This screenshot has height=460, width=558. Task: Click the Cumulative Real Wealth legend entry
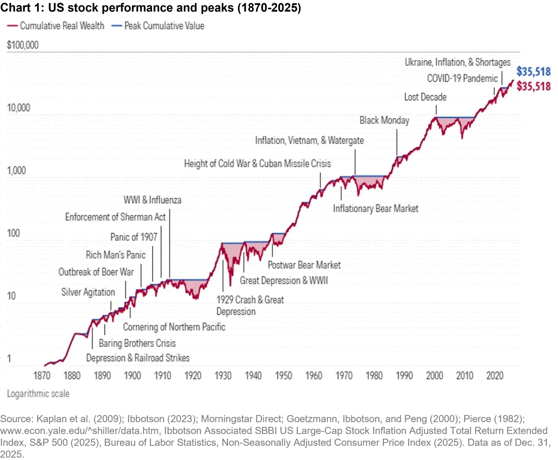click(x=62, y=26)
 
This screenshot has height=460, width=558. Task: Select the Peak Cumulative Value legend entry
click(x=164, y=26)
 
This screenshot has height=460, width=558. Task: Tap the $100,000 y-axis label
click(x=23, y=45)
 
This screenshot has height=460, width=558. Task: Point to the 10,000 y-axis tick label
click(x=19, y=108)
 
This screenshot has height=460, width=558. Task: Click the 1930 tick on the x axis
click(x=223, y=375)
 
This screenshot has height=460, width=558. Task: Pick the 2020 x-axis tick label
click(x=495, y=375)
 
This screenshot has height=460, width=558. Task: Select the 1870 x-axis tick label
click(x=42, y=375)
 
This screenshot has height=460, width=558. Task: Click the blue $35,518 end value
click(x=533, y=72)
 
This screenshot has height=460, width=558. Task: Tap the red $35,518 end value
click(x=533, y=86)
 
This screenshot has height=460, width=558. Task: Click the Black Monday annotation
click(x=384, y=120)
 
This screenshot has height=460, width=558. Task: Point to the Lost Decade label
click(x=425, y=97)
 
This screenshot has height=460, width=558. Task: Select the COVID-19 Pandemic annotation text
click(x=462, y=79)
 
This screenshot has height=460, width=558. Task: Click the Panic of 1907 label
click(x=134, y=237)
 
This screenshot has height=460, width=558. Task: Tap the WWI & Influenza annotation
click(x=153, y=200)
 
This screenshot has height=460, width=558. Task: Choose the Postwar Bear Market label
click(x=304, y=265)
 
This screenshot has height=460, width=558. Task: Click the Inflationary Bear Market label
click(x=375, y=209)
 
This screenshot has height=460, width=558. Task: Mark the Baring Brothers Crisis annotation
click(x=137, y=343)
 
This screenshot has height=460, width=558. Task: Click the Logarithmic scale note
click(x=38, y=394)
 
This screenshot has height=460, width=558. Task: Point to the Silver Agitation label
click(x=88, y=292)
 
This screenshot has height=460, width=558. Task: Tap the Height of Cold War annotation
click(x=257, y=164)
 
